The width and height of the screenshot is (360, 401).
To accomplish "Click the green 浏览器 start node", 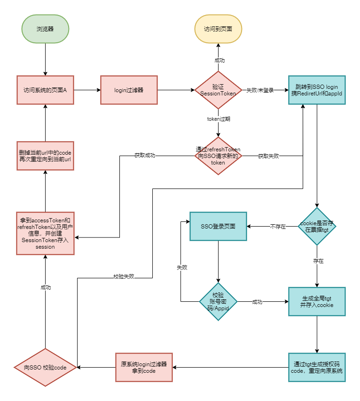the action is tap(45, 29).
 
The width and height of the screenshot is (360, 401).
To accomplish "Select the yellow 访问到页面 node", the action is tap(218, 29).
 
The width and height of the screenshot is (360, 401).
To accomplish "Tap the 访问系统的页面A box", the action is tap(45, 90).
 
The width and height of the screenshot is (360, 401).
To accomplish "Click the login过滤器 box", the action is tap(129, 90).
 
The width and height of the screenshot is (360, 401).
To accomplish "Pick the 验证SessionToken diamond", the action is tap(218, 90).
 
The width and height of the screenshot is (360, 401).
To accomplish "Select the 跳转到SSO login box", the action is tap(317, 90).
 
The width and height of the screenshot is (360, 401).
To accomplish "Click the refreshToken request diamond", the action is tap(218, 156).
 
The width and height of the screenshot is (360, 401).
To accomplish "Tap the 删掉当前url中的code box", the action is tap(45, 156).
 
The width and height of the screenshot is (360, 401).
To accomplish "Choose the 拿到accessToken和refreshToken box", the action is tap(45, 233).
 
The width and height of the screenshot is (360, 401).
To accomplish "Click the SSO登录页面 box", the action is tap(218, 226).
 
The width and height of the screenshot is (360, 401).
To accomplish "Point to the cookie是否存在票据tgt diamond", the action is tap(317, 226).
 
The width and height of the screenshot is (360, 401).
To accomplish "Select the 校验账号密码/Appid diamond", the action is tap(218, 301).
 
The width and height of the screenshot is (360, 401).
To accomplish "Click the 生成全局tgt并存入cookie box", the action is tap(317, 301).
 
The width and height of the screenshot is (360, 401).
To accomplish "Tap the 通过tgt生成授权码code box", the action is tap(317, 368).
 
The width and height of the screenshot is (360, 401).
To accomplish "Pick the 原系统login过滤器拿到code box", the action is tap(144, 368).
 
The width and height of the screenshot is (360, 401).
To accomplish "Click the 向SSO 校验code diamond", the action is tap(45, 368).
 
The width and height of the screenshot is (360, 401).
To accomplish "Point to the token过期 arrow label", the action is tap(219, 119).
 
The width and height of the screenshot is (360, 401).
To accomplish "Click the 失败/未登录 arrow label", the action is tap(260, 90).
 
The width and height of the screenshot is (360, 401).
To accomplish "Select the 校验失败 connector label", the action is tap(124, 276).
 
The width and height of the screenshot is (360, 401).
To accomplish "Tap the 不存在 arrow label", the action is tap(278, 227).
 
